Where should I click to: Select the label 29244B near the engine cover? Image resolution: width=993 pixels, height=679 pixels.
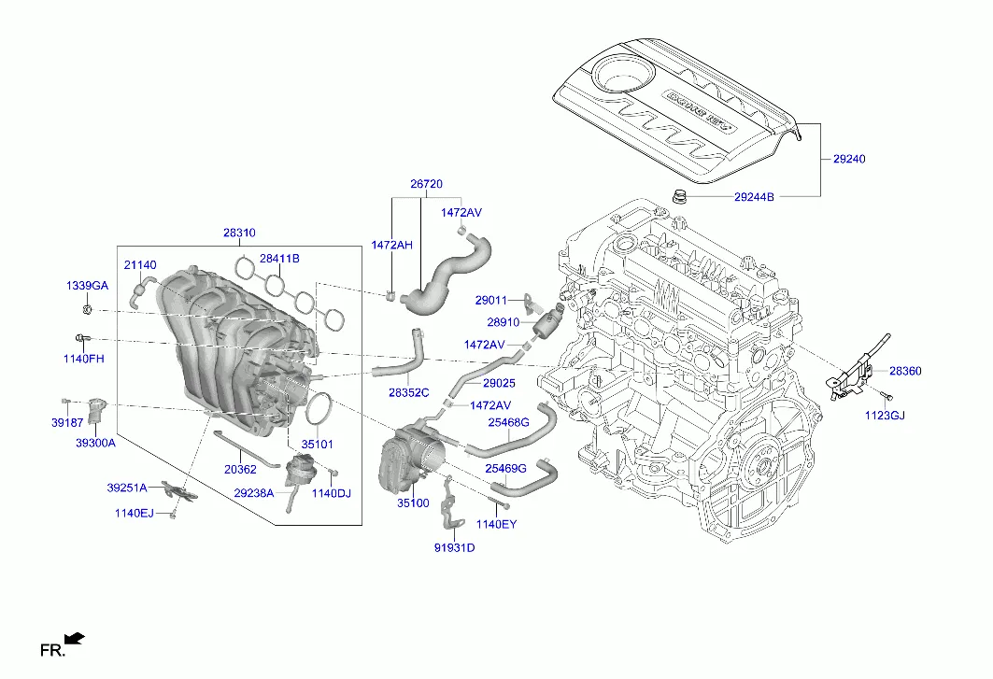754,197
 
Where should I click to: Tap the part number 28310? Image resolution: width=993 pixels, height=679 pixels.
239,233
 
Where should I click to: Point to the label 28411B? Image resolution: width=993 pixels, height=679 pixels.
279,259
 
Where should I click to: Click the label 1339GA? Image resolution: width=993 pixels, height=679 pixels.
87,285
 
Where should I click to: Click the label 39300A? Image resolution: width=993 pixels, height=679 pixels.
95,443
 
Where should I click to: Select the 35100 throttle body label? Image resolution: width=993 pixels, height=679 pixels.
413,502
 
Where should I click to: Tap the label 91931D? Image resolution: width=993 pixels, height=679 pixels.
454,547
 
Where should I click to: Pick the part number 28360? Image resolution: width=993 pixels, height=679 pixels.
904,371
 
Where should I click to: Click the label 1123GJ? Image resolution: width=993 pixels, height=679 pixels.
885,415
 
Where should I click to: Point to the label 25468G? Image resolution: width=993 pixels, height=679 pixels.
508,422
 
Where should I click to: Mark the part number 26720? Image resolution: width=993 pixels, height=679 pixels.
426,185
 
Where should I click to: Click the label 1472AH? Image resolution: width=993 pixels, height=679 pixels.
391,245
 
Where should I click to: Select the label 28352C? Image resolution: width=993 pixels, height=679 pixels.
409,393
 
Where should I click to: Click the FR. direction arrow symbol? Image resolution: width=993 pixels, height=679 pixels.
75,639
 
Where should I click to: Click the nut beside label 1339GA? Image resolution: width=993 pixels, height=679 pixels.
85,307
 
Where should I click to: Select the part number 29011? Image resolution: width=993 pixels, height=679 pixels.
490,301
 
